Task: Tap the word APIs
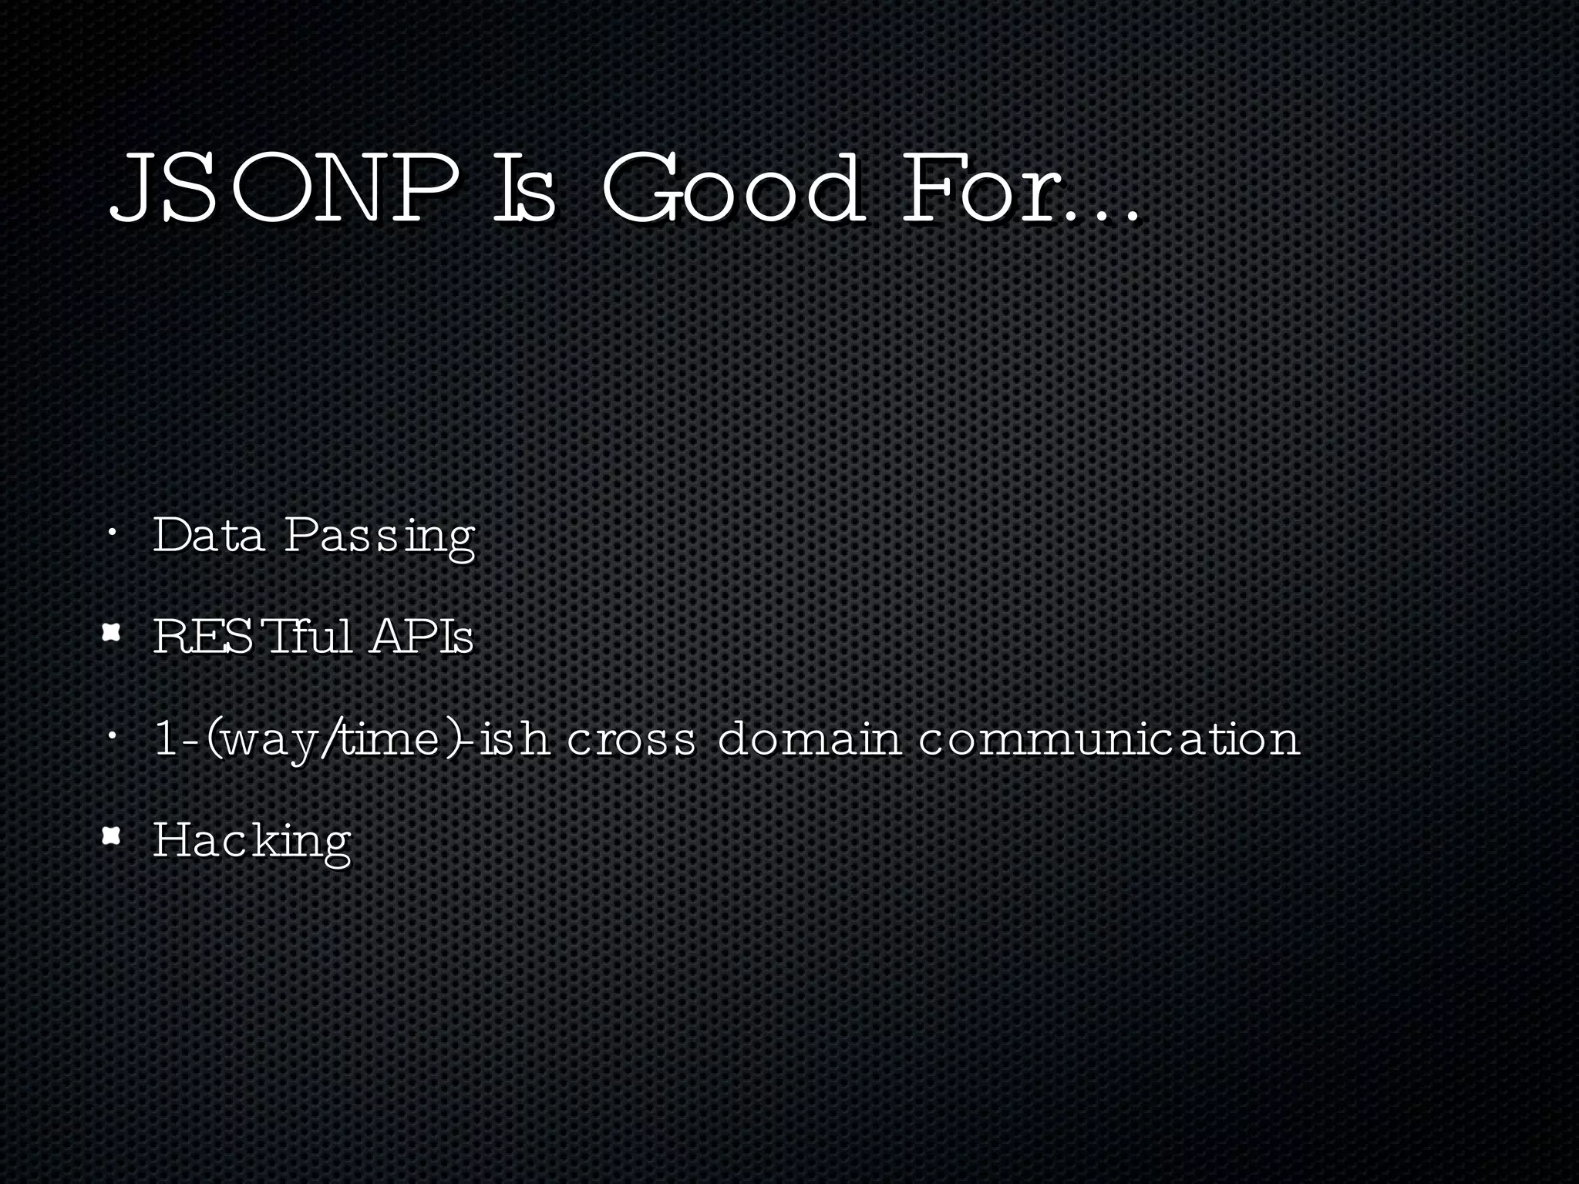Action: pyautogui.click(x=421, y=637)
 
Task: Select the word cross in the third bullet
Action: pyautogui.click(x=631, y=739)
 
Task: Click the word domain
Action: pyautogui.click(x=809, y=738)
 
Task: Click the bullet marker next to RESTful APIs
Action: pyautogui.click(x=113, y=634)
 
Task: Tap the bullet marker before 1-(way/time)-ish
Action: pyautogui.click(x=113, y=735)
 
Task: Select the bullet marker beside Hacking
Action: pyautogui.click(x=113, y=836)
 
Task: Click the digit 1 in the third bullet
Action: pyautogui.click(x=165, y=738)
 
